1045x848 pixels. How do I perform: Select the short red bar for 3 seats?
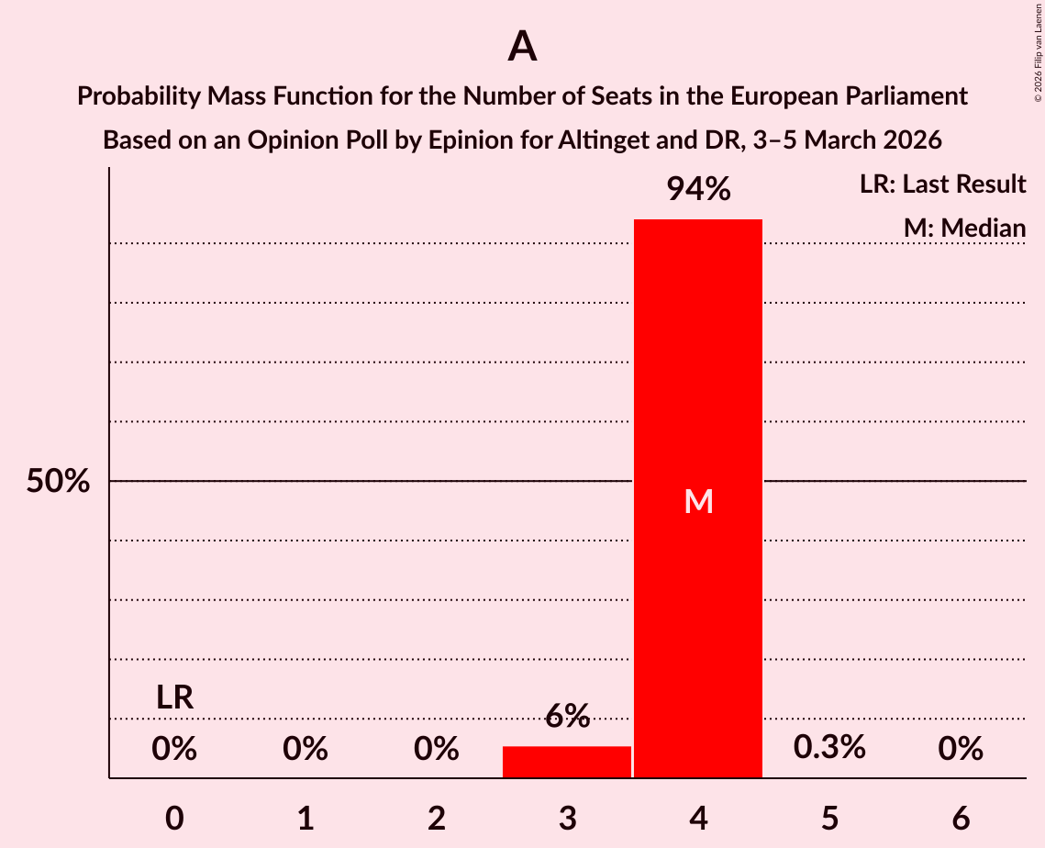pos(567,762)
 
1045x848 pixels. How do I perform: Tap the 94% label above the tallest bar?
pos(698,189)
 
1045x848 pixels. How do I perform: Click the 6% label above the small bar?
pos(567,716)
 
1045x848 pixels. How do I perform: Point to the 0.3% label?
pos(829,748)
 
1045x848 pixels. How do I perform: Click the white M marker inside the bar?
pos(698,501)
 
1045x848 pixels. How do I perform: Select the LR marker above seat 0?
pos(174,697)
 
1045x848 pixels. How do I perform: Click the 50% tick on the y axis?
pos(58,481)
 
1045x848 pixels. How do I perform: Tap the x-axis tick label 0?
pos(174,819)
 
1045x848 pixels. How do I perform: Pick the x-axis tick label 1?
pos(306,819)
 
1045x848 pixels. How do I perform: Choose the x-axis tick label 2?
pos(437,819)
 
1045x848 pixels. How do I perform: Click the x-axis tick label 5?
pos(829,819)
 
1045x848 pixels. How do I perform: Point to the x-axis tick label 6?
pos(961,819)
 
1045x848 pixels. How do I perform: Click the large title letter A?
pos(522,47)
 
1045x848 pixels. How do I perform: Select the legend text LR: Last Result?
pos(942,184)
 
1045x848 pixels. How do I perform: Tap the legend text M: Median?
pos(963,228)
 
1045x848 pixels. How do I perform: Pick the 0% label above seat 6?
pos(961,750)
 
